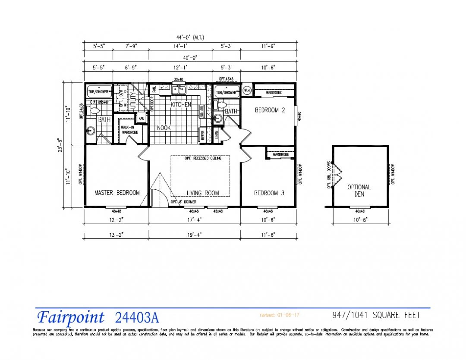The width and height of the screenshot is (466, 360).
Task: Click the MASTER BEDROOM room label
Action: coord(117,193)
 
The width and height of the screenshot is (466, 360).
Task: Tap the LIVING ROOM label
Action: coord(203,193)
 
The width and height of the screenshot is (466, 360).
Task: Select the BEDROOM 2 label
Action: coord(270,110)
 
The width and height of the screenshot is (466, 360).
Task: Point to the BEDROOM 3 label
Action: coord(269,193)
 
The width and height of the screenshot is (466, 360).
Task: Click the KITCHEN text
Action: coord(181,105)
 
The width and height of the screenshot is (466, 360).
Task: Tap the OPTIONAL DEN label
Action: coord(359,191)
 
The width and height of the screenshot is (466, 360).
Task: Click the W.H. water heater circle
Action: coord(247,91)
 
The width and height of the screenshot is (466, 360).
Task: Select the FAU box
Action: coord(141,118)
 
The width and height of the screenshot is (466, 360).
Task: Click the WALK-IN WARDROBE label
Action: coord(129,130)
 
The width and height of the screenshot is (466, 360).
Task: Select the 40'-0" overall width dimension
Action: coord(190,57)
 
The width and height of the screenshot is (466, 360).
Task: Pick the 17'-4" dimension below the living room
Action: coord(194,219)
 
